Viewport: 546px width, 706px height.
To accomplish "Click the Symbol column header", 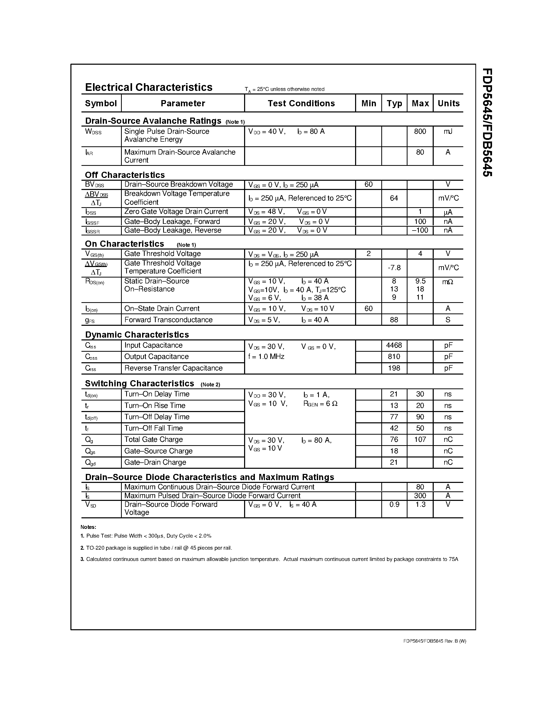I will (x=101, y=103).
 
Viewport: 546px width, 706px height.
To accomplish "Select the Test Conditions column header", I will (x=301, y=103).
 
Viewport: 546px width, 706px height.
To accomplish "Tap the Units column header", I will (x=448, y=103).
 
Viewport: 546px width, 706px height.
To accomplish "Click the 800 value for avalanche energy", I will (x=420, y=131).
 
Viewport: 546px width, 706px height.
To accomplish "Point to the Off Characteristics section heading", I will (x=125, y=175).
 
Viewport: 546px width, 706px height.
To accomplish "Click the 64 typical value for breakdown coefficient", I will (x=394, y=198).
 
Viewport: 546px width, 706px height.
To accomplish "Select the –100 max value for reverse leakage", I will (x=420, y=231).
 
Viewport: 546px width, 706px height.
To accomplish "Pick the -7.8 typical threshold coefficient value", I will (x=394, y=268).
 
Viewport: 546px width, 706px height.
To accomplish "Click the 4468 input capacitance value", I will (x=394, y=346).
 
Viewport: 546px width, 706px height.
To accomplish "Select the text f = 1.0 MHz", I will (x=266, y=357).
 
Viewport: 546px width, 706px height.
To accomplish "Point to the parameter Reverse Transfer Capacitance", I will (x=173, y=368).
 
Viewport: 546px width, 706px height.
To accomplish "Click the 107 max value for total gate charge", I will (x=420, y=440).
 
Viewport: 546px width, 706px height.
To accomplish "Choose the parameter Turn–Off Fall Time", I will (x=154, y=428).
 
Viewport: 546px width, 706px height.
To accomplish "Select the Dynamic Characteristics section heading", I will (x=137, y=335).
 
